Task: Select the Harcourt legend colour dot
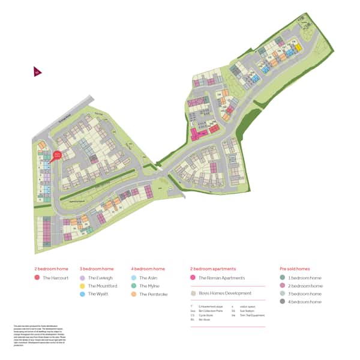tap(37, 278)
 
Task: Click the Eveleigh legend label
tap(99, 278)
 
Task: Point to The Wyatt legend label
tap(97, 294)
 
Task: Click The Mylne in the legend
tap(149, 286)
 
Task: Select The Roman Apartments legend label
tap(221, 278)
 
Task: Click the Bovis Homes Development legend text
tap(225, 293)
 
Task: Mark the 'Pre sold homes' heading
tap(295, 269)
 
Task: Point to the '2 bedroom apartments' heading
tap(213, 269)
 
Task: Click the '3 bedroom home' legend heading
tap(97, 269)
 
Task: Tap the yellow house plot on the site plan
tap(297, 46)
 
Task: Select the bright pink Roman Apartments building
tap(196, 134)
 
